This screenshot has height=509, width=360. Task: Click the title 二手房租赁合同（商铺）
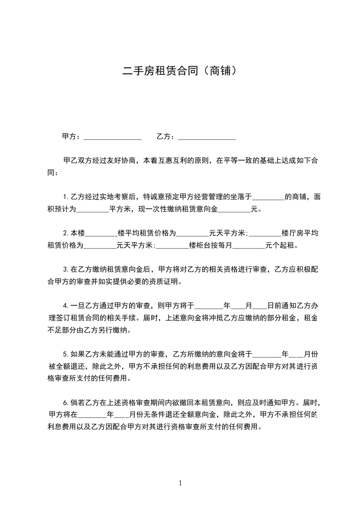(x=180, y=71)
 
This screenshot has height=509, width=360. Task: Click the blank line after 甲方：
(x=113, y=137)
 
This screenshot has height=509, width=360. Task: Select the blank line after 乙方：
(x=207, y=137)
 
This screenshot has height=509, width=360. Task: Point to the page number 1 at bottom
(x=180, y=483)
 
